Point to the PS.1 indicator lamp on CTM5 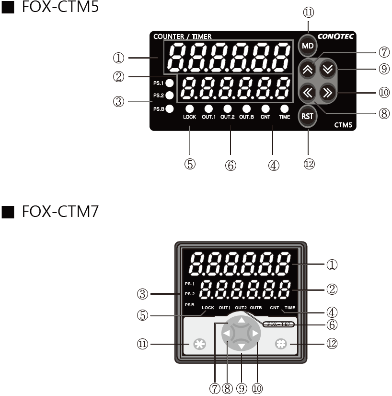click(169, 83)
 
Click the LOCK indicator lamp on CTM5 click(189, 108)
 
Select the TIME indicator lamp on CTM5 click(284, 108)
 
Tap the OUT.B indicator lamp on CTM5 click(246, 108)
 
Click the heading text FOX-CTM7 click(60, 212)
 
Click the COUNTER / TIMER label click(183, 36)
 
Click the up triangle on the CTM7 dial click(242, 320)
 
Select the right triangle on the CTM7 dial click(255, 333)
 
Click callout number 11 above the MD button click(309, 12)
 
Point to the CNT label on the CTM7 click(274, 307)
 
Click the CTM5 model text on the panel click(343, 125)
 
